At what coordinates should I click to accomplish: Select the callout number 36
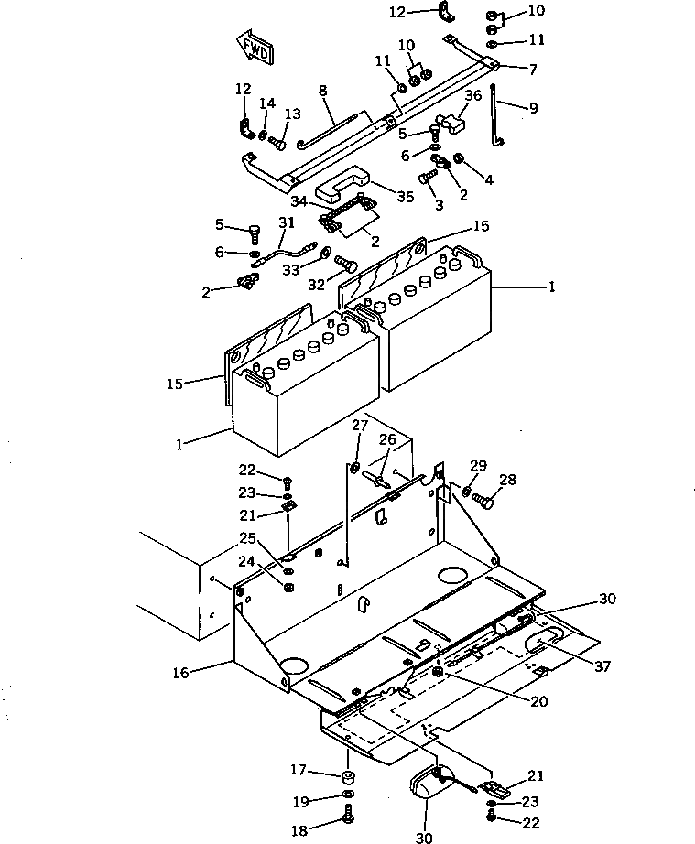473,95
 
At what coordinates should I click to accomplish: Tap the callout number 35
406,197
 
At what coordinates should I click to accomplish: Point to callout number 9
534,108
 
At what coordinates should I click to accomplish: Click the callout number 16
181,672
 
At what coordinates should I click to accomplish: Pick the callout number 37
603,666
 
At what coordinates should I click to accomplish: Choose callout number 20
539,701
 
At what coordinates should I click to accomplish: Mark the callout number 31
287,222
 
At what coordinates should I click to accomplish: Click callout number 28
507,479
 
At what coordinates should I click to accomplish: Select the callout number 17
299,770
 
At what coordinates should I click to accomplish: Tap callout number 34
299,201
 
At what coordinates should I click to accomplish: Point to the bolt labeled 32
346,263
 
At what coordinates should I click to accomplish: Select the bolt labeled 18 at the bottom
348,813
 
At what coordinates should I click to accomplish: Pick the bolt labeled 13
277,143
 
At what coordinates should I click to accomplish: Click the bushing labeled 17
348,777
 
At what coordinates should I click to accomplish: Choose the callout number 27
360,426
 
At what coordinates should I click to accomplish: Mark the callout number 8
322,91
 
